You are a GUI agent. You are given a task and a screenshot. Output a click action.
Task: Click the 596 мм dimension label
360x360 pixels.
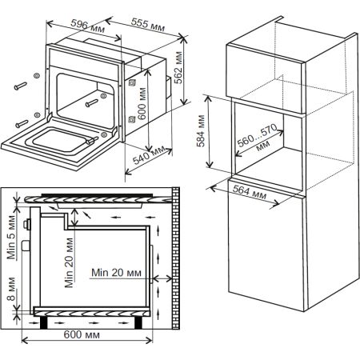tap(87, 26)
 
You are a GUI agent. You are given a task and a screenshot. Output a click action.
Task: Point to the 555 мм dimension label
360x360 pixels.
tap(148, 25)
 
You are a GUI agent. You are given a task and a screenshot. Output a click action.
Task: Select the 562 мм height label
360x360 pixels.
tap(178, 67)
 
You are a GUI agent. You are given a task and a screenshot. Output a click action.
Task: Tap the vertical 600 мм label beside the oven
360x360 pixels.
tap(142, 103)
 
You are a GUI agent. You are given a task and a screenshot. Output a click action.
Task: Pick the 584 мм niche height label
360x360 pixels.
tap(201, 131)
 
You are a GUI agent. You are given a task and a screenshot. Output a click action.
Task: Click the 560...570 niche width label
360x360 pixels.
tap(258, 138)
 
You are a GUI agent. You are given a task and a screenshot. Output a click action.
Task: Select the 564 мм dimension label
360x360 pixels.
tap(250, 192)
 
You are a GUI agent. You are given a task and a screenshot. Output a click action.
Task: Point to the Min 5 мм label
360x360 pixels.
tap(11, 238)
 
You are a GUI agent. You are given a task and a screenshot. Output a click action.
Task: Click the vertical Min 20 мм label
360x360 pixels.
tap(69, 262)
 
